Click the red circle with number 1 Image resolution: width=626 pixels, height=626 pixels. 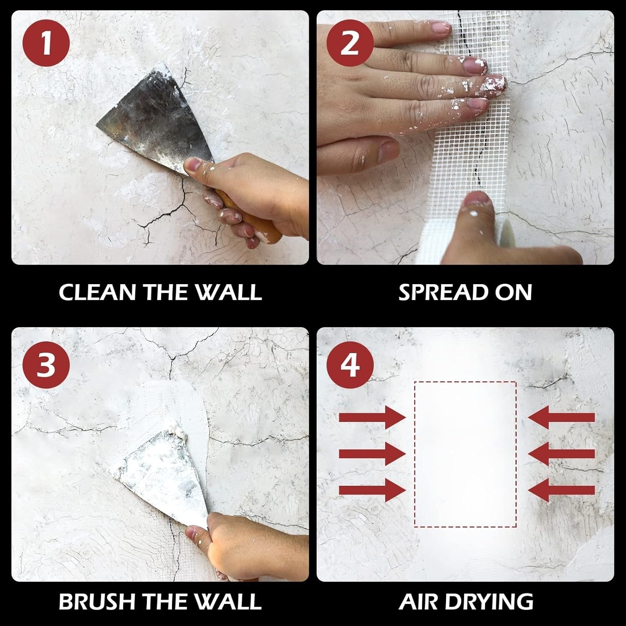pyautogui.click(x=46, y=43)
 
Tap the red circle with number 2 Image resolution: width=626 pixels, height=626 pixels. pyautogui.click(x=350, y=43)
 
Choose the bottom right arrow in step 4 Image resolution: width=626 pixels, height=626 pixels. pyautogui.click(x=561, y=490)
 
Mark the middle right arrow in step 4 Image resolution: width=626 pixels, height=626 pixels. pyautogui.click(x=561, y=454)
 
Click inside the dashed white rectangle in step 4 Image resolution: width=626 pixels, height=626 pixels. pyautogui.click(x=465, y=454)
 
